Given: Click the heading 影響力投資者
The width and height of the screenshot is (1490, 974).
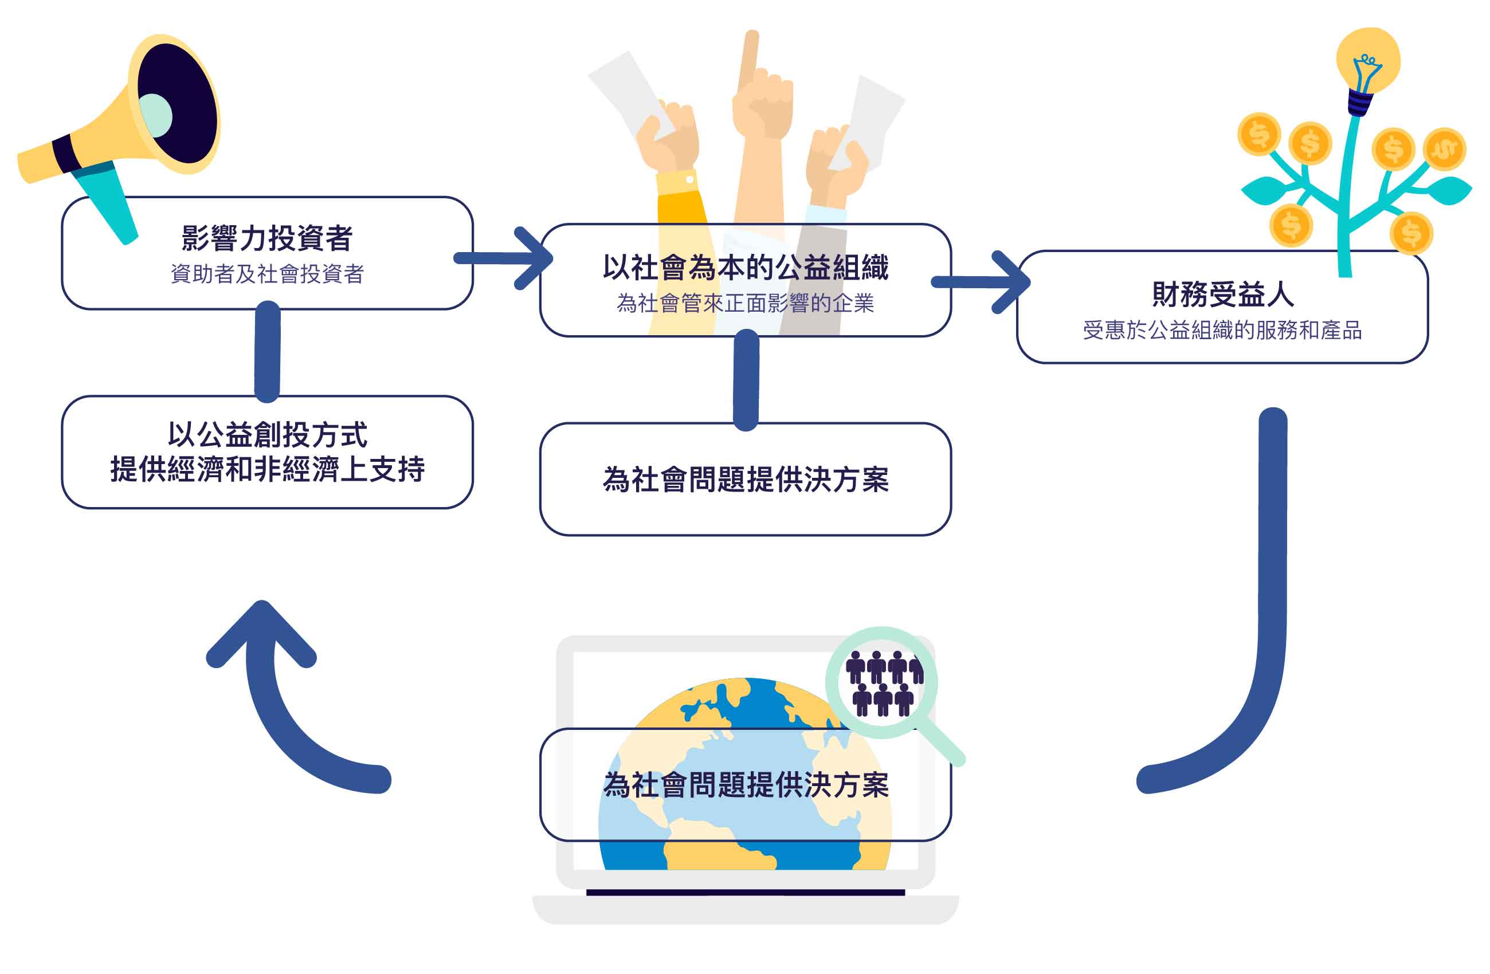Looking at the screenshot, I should (x=266, y=238).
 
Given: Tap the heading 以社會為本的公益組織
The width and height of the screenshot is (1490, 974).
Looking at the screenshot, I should (x=745, y=268).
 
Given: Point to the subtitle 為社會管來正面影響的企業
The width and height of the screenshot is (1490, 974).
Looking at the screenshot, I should (x=745, y=304).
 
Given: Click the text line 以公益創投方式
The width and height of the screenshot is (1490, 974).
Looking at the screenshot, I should (x=266, y=435).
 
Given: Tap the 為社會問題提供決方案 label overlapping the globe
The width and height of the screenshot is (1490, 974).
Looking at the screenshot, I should (x=745, y=785).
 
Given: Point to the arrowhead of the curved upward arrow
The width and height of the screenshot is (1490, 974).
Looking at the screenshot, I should (x=262, y=632).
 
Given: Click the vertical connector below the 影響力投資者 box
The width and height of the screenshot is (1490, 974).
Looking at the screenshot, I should (x=267, y=352).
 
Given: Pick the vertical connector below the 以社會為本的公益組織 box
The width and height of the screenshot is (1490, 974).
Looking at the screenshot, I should (x=746, y=380).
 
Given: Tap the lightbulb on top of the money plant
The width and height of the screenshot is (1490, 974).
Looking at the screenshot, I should (x=1368, y=62).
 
